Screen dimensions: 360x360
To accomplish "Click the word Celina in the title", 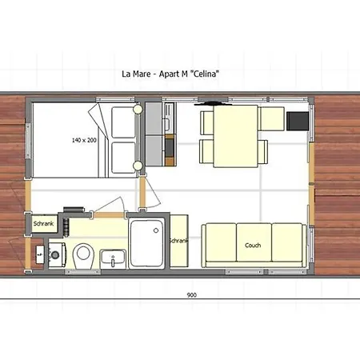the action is point(205,74).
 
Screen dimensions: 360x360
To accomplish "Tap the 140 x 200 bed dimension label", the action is point(84,140).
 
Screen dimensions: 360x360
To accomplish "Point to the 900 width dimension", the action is point(192,295).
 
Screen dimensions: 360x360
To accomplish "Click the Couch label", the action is point(253,245).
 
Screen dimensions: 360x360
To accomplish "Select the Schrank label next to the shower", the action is point(179,241).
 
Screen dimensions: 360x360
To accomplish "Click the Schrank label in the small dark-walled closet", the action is point(43,223).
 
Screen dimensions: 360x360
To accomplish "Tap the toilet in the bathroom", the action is point(83,256).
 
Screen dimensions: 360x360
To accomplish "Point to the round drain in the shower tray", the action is point(156,230).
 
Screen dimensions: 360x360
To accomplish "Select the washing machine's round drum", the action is point(55,255).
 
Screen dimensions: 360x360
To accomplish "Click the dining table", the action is point(236,136).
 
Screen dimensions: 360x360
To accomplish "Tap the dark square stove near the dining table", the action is point(298,121).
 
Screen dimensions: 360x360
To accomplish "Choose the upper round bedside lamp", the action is point(138,110).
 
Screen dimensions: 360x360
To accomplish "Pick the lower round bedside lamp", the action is point(138,166).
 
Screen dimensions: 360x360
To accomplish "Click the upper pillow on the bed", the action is point(123,122).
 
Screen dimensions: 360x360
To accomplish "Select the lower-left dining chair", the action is point(206,151).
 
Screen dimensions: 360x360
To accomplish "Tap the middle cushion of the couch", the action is point(254,242).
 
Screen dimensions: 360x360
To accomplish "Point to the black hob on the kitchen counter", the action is point(170,148).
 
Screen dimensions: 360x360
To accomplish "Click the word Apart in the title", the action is point(170,74).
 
